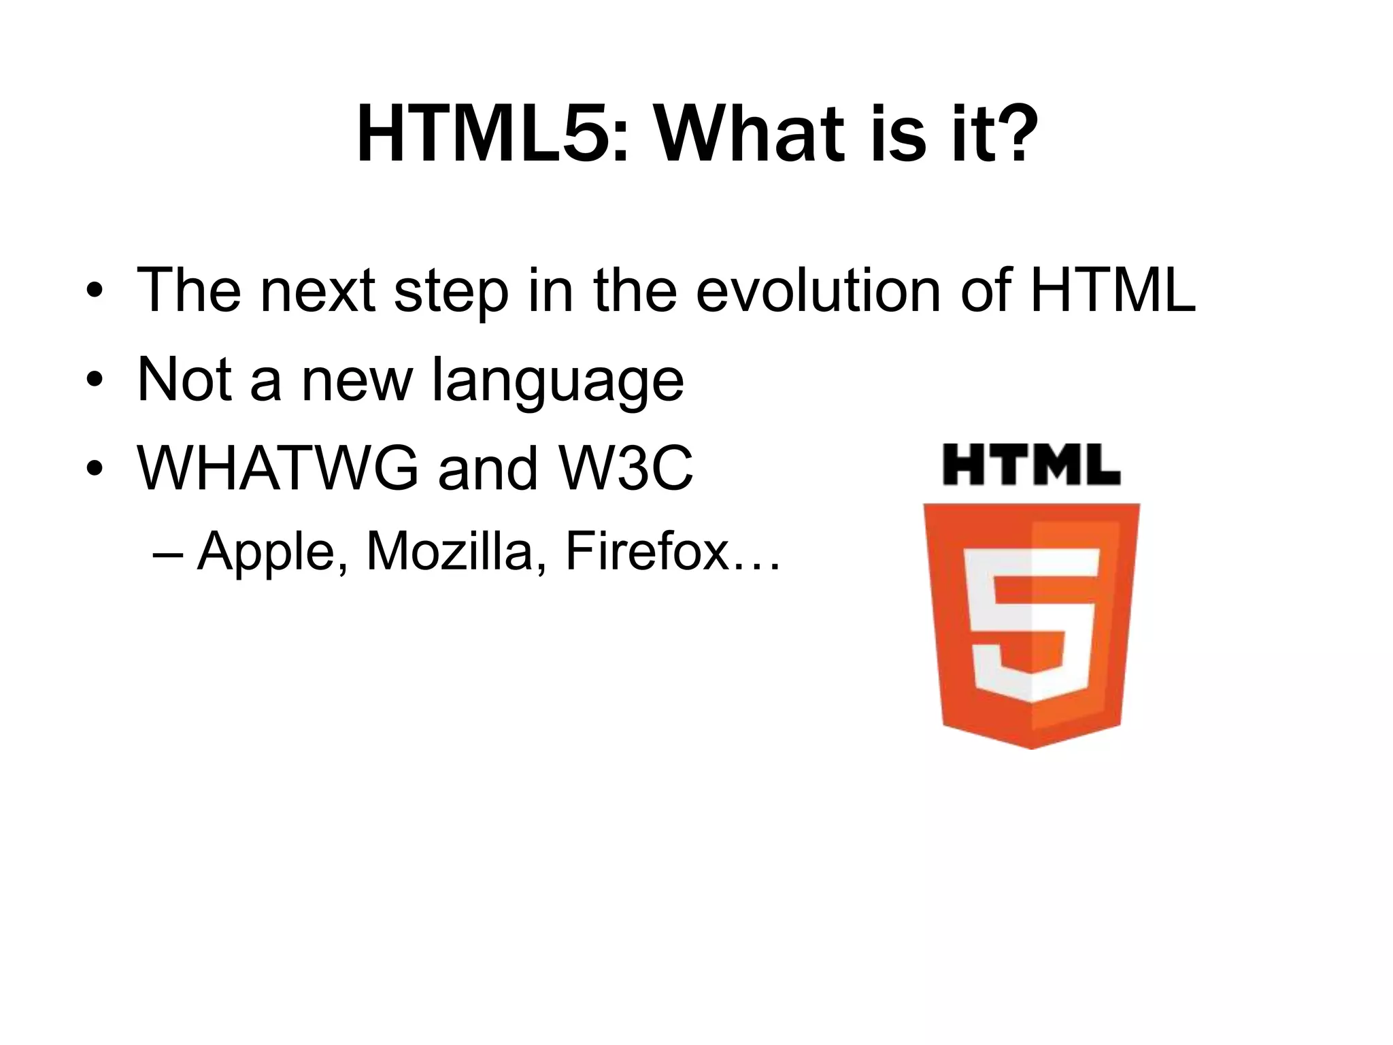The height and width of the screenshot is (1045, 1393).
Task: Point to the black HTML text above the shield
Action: (x=1031, y=465)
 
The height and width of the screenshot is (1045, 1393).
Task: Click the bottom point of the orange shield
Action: (x=1031, y=747)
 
